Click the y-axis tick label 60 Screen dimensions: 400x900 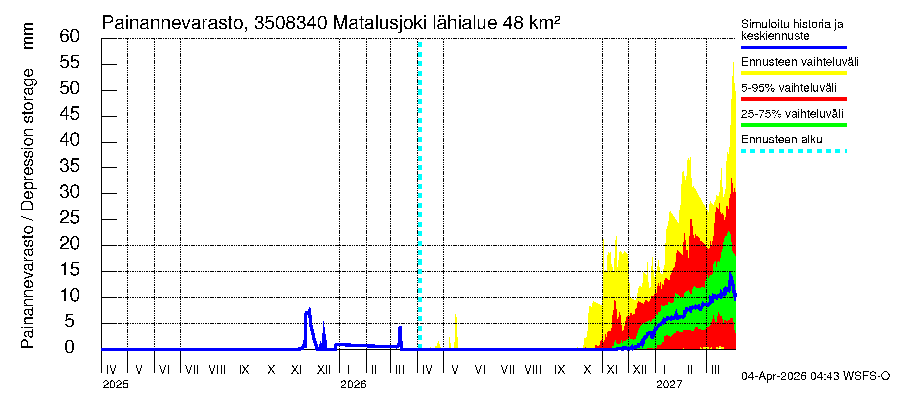tap(70, 36)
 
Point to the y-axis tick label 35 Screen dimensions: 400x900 tap(70, 166)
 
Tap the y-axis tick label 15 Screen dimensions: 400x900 tap(70, 270)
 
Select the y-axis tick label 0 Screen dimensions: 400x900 tap(70, 347)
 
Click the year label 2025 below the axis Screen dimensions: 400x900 tap(116, 385)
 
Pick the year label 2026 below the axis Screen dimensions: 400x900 tap(353, 385)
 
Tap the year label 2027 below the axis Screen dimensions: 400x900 tap(669, 385)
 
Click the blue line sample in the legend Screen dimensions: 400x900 tap(793, 47)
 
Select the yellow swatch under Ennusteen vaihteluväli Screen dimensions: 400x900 tap(793, 73)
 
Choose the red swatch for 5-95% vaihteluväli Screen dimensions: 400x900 tap(793, 99)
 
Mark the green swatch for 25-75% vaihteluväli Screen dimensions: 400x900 tap(793, 125)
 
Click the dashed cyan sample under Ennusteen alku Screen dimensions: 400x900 tap(793, 151)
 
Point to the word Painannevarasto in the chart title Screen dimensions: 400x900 tap(173, 23)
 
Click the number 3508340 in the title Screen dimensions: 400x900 tap(291, 23)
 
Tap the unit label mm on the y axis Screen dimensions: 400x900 tap(28, 36)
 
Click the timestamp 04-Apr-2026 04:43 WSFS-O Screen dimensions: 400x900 tap(815, 376)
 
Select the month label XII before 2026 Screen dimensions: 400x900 tap(324, 370)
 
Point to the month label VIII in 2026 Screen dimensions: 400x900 tap(533, 370)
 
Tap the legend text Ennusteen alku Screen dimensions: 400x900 tap(782, 140)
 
